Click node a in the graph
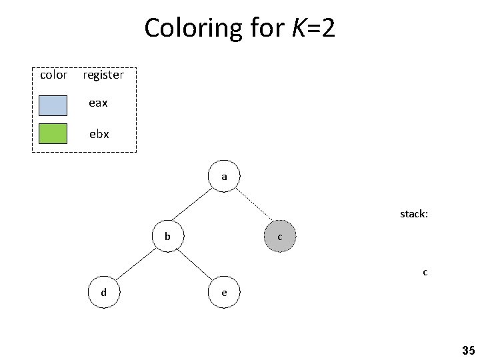click(x=224, y=177)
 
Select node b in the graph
click(x=168, y=237)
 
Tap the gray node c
click(x=279, y=237)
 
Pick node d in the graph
click(x=103, y=292)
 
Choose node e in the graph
click(x=224, y=292)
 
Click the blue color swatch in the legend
click(x=53, y=105)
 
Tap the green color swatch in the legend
click(x=53, y=133)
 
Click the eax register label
click(x=99, y=103)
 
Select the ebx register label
click(x=99, y=133)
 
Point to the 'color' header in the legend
click(x=53, y=75)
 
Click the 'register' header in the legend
click(x=103, y=75)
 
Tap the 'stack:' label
click(x=413, y=214)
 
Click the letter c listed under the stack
click(x=425, y=272)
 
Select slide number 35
click(x=467, y=350)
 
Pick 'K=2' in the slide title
click(x=313, y=28)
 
